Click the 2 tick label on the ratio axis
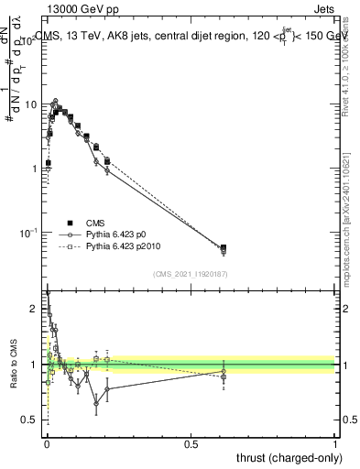(34, 309)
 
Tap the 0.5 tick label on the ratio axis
(30, 420)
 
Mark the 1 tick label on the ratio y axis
(34, 365)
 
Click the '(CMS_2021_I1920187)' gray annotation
(190, 273)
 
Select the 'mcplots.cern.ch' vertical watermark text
(348, 229)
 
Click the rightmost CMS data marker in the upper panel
(224, 247)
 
